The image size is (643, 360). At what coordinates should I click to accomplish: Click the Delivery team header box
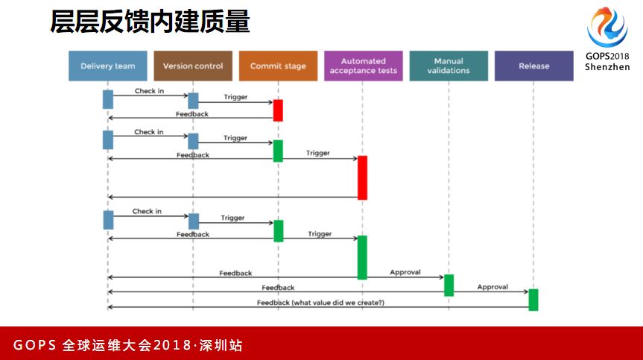pyautogui.click(x=107, y=66)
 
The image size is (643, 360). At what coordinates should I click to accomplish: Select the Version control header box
pyautogui.click(x=193, y=66)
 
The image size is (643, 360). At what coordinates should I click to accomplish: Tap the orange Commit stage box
pyautogui.click(x=278, y=66)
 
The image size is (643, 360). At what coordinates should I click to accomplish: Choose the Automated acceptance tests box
pyautogui.click(x=364, y=66)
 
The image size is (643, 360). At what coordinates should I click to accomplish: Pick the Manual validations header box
pyautogui.click(x=449, y=66)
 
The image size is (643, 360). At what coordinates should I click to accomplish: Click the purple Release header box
pyautogui.click(x=533, y=66)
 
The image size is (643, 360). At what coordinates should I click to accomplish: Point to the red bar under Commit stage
pyautogui.click(x=278, y=110)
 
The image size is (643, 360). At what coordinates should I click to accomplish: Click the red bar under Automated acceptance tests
pyautogui.click(x=363, y=177)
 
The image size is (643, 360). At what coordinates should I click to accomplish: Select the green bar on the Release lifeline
pyautogui.click(x=533, y=300)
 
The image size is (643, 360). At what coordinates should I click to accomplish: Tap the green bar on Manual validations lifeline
pyautogui.click(x=449, y=285)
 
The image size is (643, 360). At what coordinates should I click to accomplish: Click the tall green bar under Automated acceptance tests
pyautogui.click(x=363, y=257)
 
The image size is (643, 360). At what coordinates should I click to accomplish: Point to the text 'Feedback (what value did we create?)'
pyautogui.click(x=321, y=303)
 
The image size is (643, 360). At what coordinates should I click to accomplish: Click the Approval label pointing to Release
pyautogui.click(x=492, y=287)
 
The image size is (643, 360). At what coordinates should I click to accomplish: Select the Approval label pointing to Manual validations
pyautogui.click(x=405, y=272)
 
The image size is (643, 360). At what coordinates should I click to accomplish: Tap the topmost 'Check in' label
pyautogui.click(x=150, y=91)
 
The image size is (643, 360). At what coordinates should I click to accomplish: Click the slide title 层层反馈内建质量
pyautogui.click(x=150, y=22)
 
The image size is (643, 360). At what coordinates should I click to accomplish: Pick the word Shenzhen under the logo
pyautogui.click(x=607, y=66)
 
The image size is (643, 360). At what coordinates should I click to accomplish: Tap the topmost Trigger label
pyautogui.click(x=235, y=97)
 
